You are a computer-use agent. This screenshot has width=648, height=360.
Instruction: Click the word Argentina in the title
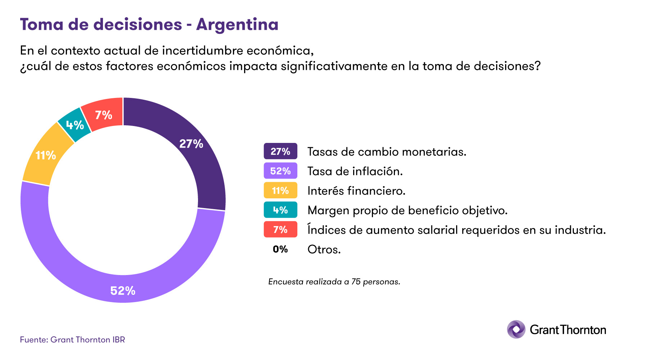coord(237,24)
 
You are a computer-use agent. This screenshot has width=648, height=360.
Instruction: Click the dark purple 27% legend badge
coord(280,151)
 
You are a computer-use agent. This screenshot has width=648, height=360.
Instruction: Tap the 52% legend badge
coord(280,171)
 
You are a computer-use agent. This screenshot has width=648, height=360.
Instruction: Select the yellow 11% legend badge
coord(280,190)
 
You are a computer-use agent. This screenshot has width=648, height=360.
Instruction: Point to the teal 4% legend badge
coord(280,210)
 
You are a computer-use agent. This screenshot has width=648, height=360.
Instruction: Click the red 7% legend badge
coord(280,229)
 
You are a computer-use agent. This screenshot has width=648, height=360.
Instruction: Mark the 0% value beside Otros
coord(280,249)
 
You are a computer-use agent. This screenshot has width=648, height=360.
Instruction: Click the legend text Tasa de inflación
coord(355,171)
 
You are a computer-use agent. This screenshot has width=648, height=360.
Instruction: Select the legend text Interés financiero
coord(356,190)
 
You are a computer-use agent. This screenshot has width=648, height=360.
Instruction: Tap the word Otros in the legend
coord(324,249)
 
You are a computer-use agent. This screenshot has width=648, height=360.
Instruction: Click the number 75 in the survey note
coord(356,282)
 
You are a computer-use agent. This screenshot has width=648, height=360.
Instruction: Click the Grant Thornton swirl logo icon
coord(516,329)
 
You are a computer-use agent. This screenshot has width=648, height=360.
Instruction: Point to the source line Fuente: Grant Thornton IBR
coord(72,339)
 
